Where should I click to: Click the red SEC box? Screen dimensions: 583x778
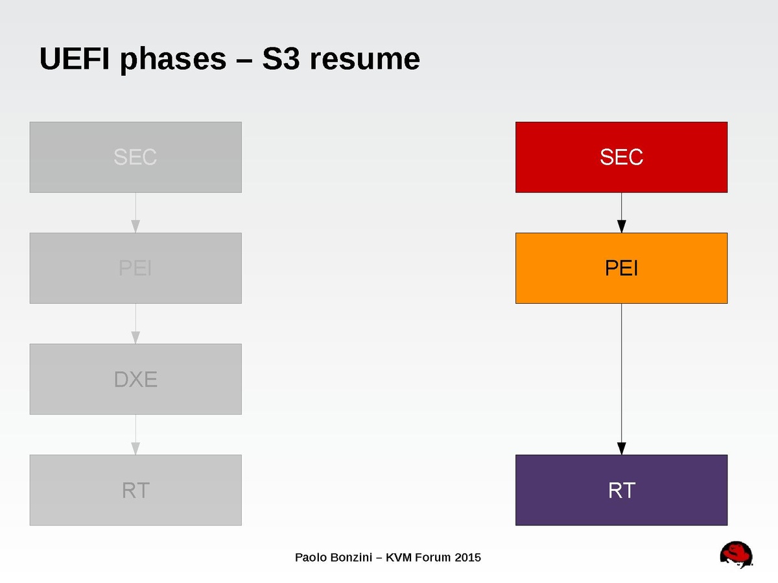(x=621, y=157)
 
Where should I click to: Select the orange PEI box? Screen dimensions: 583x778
(x=621, y=268)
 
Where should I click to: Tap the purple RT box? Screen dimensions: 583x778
(x=621, y=490)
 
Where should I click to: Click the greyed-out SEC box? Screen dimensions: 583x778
(x=136, y=157)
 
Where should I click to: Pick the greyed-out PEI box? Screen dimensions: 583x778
(x=136, y=268)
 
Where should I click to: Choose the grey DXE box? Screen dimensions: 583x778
(x=136, y=379)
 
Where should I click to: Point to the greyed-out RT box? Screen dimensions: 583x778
(x=136, y=490)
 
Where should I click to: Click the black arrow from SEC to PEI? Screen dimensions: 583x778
(x=621, y=213)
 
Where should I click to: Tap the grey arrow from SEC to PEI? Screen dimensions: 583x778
(x=136, y=213)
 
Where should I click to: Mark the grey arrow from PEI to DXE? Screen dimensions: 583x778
(x=136, y=324)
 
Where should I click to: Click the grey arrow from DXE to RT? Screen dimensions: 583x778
(x=136, y=435)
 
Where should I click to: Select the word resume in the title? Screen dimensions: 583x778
(x=364, y=59)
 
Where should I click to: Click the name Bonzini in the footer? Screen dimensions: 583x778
(x=348, y=557)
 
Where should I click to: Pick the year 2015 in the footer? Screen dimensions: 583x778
(x=467, y=557)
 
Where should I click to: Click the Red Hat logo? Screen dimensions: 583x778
(x=737, y=556)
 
